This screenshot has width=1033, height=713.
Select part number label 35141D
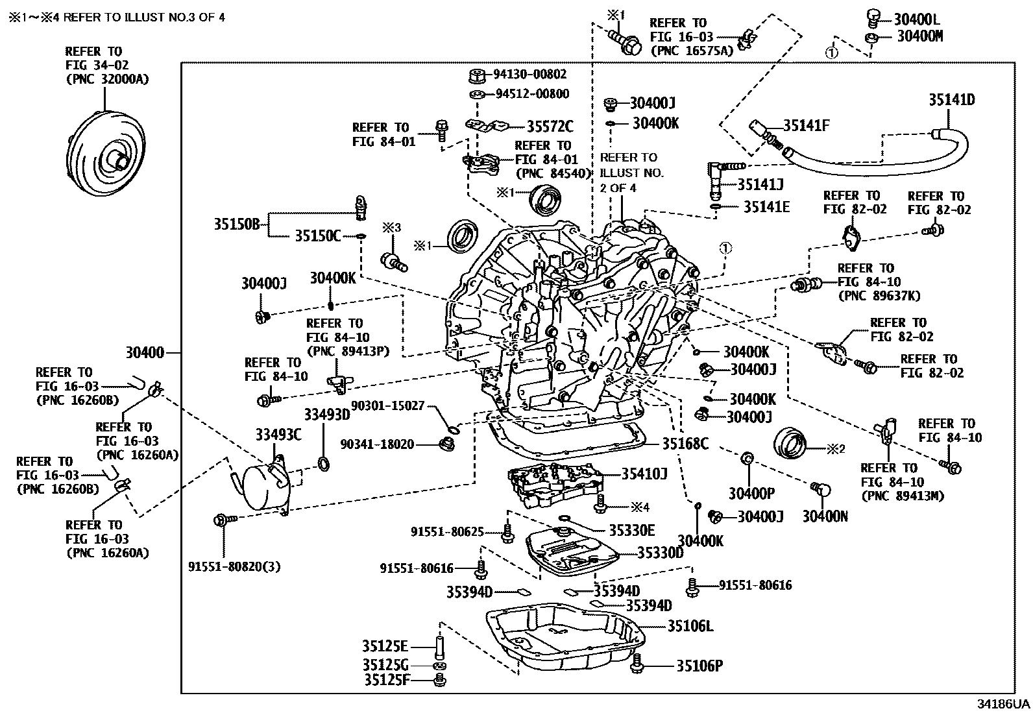pos(951,100)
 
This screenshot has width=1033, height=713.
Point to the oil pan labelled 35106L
pos(565,639)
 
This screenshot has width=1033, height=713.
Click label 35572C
pos(550,127)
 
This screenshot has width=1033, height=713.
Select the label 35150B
pos(236,224)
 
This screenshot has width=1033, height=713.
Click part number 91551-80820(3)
pos(235,566)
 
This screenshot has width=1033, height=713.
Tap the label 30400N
pos(825,516)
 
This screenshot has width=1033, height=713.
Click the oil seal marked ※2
pos(790,444)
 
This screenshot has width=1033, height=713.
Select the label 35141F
pos(806,125)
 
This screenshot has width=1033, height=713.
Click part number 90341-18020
pos(377,444)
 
